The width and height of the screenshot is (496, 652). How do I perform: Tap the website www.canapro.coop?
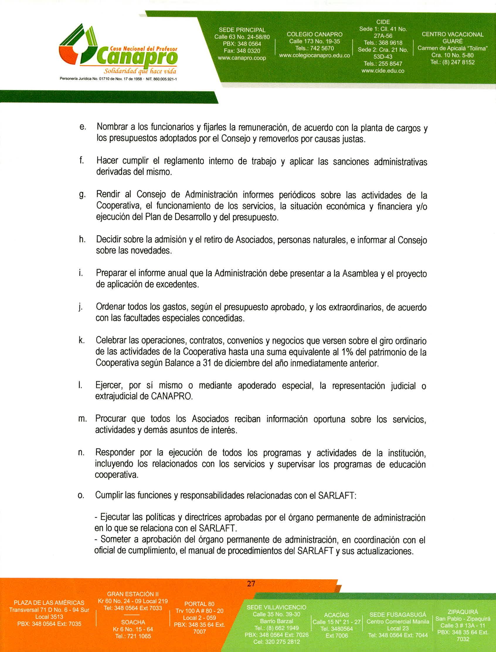[242, 58]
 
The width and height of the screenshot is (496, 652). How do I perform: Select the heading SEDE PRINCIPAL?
[242, 30]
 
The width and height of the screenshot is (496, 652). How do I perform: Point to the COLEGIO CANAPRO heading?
[315, 35]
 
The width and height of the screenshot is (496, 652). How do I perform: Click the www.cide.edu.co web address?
[383, 71]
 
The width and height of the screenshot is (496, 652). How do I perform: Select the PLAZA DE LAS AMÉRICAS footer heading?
[49, 602]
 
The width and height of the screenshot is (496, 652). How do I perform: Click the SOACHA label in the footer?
[133, 622]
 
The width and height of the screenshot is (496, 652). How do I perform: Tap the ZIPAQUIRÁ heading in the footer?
[463, 612]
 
